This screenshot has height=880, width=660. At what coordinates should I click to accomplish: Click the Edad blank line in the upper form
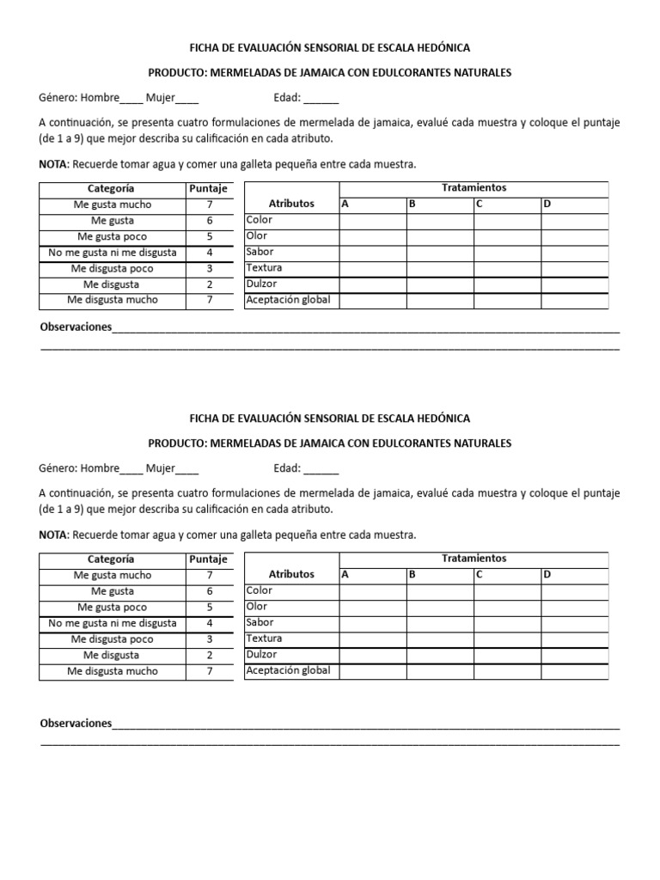pyautogui.click(x=321, y=98)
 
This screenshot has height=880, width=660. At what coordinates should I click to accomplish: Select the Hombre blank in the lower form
pyautogui.click(x=131, y=469)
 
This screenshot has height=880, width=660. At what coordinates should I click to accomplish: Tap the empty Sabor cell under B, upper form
pyautogui.click(x=439, y=252)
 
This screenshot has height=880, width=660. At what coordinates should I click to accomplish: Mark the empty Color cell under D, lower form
pyautogui.click(x=574, y=591)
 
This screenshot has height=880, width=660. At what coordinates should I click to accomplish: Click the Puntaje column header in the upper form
pyautogui.click(x=209, y=188)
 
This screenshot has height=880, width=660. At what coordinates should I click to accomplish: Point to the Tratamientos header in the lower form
pyautogui.click(x=474, y=558)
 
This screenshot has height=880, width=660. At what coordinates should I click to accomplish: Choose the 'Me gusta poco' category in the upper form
pyautogui.click(x=112, y=236)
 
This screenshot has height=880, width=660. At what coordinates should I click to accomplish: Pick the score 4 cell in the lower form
pyautogui.click(x=209, y=623)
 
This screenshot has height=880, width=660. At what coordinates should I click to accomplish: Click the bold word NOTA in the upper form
pyautogui.click(x=53, y=163)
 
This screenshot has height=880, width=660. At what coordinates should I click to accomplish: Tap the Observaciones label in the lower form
pyautogui.click(x=76, y=724)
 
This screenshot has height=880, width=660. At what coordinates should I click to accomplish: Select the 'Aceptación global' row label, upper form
pyautogui.click(x=288, y=300)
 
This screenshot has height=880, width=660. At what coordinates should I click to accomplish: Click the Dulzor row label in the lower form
pyautogui.click(x=261, y=655)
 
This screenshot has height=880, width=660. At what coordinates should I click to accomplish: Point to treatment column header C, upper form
pyautogui.click(x=479, y=204)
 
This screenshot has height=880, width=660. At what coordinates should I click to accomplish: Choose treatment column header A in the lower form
pyautogui.click(x=345, y=574)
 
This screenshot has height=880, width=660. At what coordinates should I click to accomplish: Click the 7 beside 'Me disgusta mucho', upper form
pyautogui.click(x=209, y=300)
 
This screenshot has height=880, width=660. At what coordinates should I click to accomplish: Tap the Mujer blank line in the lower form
pyautogui.click(x=186, y=469)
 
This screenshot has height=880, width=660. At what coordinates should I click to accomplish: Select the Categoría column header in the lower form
pyautogui.click(x=112, y=559)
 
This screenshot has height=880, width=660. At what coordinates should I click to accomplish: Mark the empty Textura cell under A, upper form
pyautogui.click(x=372, y=268)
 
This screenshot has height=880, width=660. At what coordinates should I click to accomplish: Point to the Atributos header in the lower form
pyautogui.click(x=291, y=574)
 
